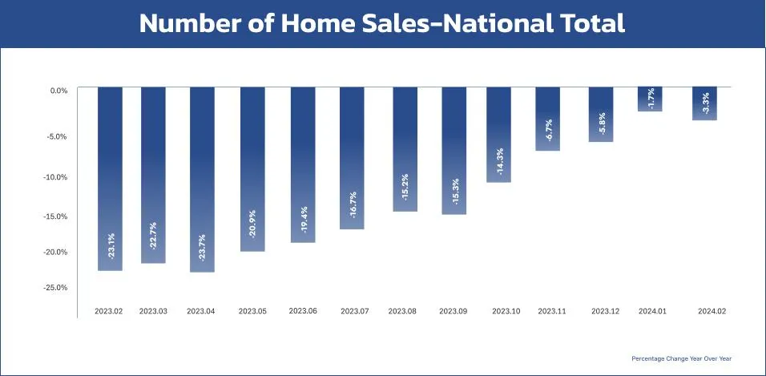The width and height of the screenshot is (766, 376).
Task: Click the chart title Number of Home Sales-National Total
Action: click(382, 23)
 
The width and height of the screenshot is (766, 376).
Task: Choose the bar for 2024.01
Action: click(650, 99)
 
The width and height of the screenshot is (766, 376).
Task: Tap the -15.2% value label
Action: click(405, 187)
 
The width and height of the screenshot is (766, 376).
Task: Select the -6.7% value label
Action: click(549, 130)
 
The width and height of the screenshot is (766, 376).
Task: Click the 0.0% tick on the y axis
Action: click(58, 91)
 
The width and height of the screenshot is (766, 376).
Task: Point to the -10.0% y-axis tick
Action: click(57, 177)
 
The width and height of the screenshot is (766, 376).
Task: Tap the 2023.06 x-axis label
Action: click(303, 310)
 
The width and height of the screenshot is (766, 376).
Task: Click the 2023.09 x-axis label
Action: click(454, 310)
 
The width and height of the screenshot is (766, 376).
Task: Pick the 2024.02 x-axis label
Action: click(712, 310)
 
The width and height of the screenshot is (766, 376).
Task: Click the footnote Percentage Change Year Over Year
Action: click(681, 358)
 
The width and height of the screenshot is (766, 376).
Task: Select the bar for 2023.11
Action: click(548, 119)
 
